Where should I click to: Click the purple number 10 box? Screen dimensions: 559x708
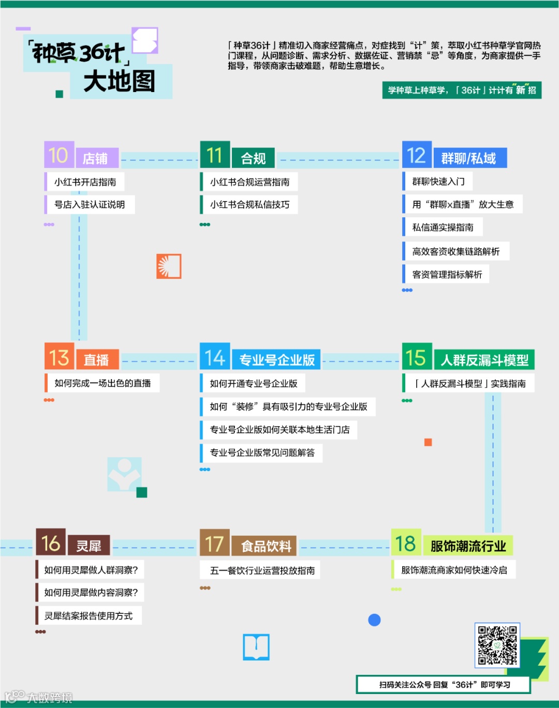point(58,155)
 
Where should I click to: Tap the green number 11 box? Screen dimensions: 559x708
point(215,155)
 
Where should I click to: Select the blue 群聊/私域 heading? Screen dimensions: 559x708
point(469,158)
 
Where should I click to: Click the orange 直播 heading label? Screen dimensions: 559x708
point(97,359)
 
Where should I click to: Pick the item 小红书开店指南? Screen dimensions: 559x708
point(85,182)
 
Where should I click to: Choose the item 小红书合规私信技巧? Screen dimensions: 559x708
point(249,205)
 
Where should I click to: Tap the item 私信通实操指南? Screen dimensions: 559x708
point(443,228)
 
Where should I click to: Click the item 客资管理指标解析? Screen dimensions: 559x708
point(447,275)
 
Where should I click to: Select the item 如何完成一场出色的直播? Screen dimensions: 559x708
point(102,383)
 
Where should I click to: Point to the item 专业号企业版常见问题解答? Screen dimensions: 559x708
point(262,453)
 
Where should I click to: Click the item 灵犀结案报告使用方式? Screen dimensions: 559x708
point(89,616)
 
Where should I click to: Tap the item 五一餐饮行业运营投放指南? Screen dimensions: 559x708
point(262,570)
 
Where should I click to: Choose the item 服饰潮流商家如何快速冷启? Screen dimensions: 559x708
point(454,570)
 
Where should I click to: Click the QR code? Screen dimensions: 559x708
point(497,645)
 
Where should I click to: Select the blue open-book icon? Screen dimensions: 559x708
point(256,647)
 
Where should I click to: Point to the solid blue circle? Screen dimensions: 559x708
point(374,620)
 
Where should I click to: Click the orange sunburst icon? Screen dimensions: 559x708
point(169,266)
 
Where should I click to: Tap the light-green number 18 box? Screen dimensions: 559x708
point(406,543)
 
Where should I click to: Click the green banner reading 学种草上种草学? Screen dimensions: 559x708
point(462,91)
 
